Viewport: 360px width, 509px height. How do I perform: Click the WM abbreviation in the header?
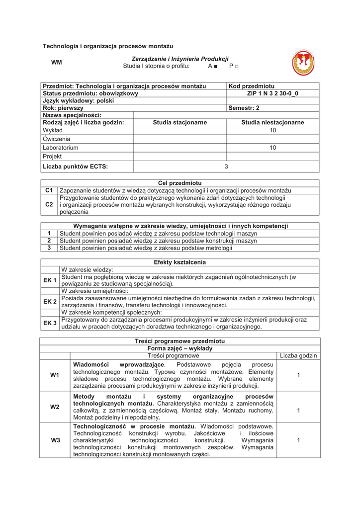tap(57, 63)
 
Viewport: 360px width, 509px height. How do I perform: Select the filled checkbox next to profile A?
tap(217, 66)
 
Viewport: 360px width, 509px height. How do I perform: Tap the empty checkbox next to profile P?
tap(237, 66)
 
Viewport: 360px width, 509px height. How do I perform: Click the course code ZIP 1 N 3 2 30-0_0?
tap(272, 93)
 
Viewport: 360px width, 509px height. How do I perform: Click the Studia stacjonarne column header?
tap(180, 123)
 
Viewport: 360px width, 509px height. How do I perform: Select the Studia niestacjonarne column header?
tap(272, 123)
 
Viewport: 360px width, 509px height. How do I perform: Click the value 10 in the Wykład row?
tap(272, 131)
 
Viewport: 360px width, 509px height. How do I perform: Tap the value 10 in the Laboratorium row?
tap(272, 148)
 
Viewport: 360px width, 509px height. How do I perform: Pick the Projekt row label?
tap(53, 157)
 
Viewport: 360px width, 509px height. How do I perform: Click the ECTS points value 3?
tap(226, 167)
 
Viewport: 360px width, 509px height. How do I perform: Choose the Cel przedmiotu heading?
tap(180, 183)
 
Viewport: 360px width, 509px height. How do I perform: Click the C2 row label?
tap(49, 205)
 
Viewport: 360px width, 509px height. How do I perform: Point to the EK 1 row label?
tap(50, 280)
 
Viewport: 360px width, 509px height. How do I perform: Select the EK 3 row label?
tap(50, 324)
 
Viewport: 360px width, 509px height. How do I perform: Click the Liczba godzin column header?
tap(298, 356)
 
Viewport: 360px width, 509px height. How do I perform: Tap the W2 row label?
tap(55, 407)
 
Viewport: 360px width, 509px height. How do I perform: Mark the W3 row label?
tap(55, 440)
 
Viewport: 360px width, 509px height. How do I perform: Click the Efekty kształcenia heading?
tap(180, 262)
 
